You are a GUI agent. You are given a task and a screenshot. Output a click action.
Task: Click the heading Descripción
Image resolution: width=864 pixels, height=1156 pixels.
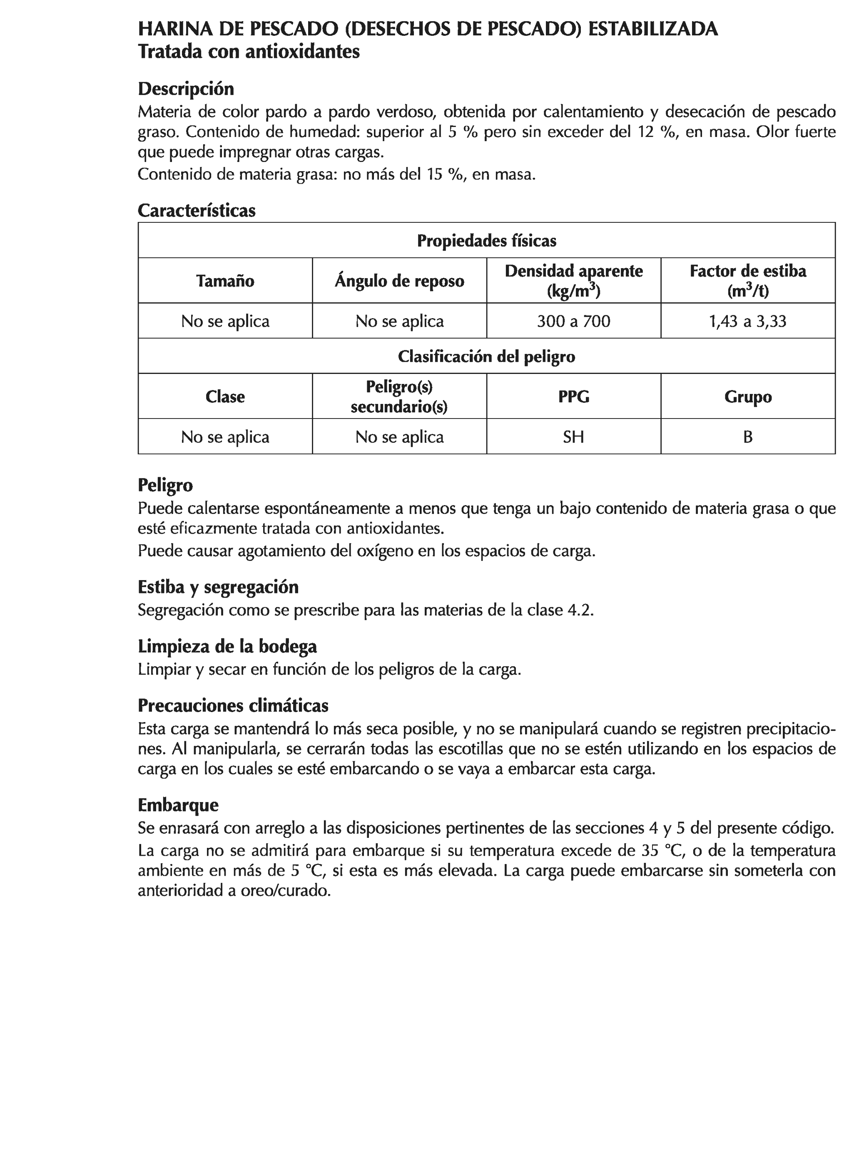(186, 89)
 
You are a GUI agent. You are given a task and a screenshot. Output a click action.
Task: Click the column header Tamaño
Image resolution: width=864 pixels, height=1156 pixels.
(225, 281)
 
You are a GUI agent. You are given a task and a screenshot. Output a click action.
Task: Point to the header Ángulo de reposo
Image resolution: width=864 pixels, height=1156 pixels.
(399, 281)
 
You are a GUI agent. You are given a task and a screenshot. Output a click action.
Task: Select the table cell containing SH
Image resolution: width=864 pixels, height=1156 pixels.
(573, 436)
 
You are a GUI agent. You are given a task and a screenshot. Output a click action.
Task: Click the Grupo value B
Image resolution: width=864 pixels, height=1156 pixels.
(747, 436)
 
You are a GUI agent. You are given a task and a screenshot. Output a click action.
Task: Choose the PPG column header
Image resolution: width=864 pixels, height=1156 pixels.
(573, 396)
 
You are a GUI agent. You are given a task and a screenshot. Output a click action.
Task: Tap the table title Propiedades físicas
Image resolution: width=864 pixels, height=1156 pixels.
(486, 240)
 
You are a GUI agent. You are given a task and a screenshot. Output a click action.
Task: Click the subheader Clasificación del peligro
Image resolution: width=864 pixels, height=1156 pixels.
(486, 356)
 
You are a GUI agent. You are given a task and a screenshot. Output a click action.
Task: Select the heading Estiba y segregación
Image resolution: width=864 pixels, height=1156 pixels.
(218, 587)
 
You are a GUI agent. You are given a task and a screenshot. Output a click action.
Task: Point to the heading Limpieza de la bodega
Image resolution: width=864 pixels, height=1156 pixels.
(227, 646)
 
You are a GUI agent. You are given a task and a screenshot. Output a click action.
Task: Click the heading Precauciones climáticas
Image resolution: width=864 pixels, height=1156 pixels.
(233, 705)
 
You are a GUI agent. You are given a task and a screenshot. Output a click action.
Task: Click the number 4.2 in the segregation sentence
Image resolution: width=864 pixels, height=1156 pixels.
(580, 610)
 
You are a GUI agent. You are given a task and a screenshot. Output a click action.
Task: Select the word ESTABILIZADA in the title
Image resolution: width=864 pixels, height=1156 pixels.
(653, 29)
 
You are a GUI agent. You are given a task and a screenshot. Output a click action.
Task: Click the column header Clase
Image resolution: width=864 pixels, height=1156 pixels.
(225, 396)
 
